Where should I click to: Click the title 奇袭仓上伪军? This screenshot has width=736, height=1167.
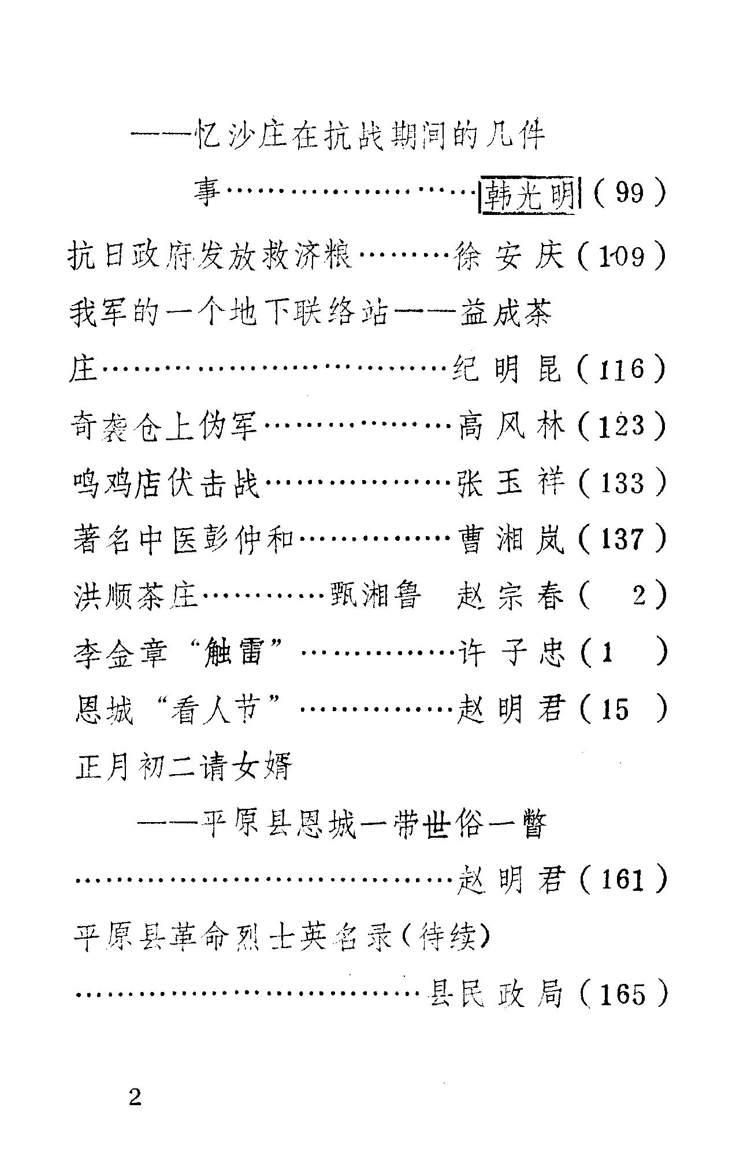click(165, 428)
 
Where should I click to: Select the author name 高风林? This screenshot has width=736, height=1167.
click(511, 428)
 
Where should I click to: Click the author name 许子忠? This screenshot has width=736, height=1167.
click(511, 653)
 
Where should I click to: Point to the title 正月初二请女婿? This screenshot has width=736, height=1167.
click(184, 767)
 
